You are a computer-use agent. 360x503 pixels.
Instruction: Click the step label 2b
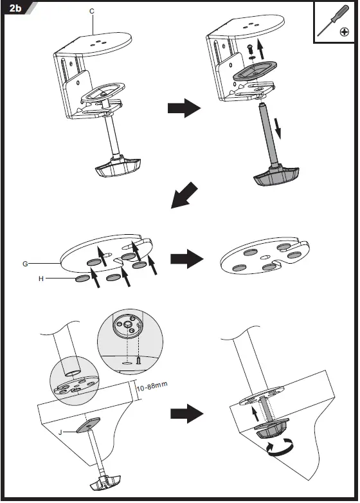point(15,8)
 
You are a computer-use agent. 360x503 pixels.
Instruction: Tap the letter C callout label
point(92,11)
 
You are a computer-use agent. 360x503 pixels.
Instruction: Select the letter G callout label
point(25,264)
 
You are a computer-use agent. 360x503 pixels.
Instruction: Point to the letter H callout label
point(40,279)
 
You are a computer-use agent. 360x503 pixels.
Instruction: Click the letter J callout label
point(60,432)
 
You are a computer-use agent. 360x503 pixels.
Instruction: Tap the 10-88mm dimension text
point(152,386)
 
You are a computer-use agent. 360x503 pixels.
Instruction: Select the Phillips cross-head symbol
point(345,32)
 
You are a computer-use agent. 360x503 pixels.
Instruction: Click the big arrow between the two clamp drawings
point(184,108)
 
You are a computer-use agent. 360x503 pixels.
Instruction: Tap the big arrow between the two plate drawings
point(187,259)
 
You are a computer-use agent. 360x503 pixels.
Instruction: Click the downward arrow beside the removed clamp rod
point(278,128)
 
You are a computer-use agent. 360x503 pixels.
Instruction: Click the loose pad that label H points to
point(82,279)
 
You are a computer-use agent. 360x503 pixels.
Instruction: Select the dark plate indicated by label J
point(88,425)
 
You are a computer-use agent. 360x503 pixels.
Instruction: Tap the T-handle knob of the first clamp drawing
point(118,167)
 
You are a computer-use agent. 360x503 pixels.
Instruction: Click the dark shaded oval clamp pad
point(255,71)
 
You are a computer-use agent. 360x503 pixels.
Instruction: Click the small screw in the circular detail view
point(139,361)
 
